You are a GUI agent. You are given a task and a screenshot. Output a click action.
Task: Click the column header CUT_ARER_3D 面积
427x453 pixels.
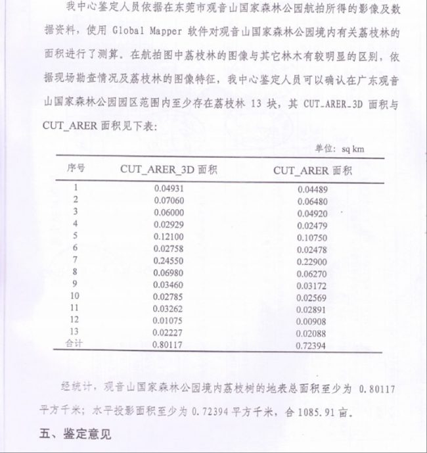coord(169,169)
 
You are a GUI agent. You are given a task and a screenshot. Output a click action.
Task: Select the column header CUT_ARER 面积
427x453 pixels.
coord(313,170)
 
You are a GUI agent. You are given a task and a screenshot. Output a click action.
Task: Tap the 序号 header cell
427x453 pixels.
coord(76,168)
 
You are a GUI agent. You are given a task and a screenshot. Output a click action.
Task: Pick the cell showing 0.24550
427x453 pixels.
coord(169,260)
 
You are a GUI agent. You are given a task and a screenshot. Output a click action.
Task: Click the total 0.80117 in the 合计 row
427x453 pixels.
coord(169,344)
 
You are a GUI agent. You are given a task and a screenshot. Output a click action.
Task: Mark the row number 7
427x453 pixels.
coord(76,259)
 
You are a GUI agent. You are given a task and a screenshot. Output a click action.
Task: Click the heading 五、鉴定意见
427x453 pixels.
coord(74,435)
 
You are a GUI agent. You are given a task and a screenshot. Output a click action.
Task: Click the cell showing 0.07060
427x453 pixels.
coord(168,200)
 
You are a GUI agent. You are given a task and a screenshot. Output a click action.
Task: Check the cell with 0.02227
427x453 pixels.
coord(169,332)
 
